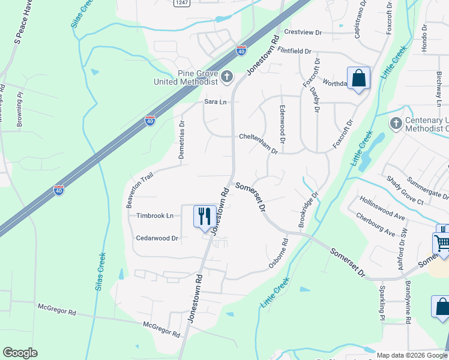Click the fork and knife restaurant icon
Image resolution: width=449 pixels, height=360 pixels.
tap(204, 215)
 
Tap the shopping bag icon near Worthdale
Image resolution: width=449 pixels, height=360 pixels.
tap(358, 79)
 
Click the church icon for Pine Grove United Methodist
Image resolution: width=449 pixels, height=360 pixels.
tap(227, 76)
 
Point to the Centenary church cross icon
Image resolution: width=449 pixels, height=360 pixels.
tap(396, 124)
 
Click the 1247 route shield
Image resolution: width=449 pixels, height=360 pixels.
tap(182, 3)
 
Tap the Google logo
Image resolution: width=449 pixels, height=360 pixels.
tap(20, 353)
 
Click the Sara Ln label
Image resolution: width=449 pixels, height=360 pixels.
tap(215, 102)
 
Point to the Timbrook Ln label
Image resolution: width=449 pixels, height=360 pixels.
tap(155, 215)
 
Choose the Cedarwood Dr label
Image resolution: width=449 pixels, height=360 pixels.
tap(158, 238)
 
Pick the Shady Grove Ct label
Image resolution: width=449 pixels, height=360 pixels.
tap(405, 190)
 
